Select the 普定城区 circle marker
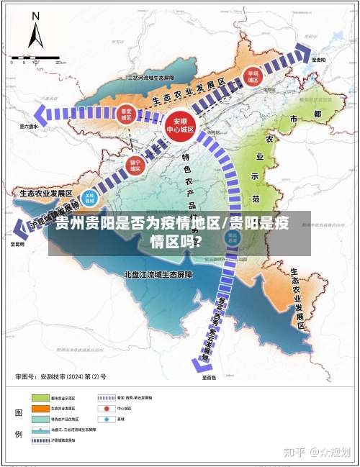[x=127, y=115]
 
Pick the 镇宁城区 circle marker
[x=135, y=166]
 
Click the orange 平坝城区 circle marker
[x=253, y=76]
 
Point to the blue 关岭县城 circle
[x=89, y=197]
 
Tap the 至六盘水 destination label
[x=30, y=127]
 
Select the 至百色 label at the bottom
[x=209, y=376]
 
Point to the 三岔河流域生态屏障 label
[x=150, y=76]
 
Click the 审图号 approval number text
[x=60, y=376]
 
